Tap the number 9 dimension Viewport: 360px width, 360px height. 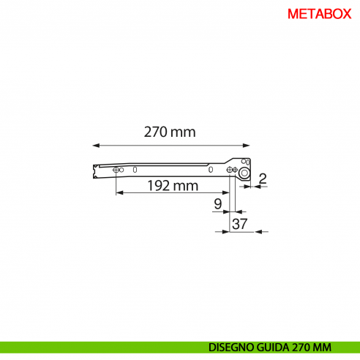[217, 204]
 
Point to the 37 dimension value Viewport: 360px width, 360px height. [239, 225]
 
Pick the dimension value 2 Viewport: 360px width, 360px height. [262, 177]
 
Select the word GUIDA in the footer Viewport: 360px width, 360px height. [275, 347]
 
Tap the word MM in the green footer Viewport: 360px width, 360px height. [325, 347]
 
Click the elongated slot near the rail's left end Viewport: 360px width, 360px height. [135, 170]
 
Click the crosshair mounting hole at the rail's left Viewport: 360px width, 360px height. [116, 170]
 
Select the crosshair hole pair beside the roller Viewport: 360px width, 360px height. [232, 171]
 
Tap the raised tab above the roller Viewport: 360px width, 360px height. [247, 162]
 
